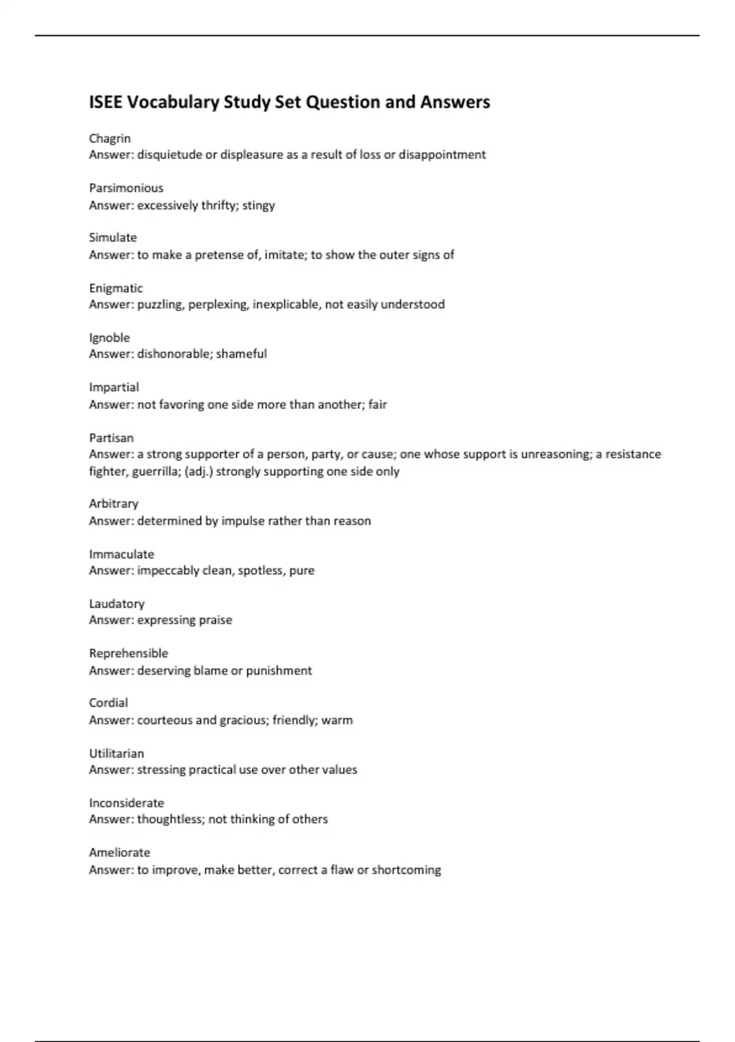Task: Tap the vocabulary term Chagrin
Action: point(110,139)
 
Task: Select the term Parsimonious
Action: point(126,188)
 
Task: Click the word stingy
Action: point(258,205)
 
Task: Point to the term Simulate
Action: point(113,238)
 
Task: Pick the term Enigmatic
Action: point(116,288)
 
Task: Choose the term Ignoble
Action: point(109,338)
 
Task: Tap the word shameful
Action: point(241,354)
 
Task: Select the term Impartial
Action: point(114,387)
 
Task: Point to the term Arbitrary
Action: point(113,504)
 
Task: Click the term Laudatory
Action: point(116,604)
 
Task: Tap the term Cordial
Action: point(108,703)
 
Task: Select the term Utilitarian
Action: point(116,753)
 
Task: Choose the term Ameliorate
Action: point(119,853)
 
